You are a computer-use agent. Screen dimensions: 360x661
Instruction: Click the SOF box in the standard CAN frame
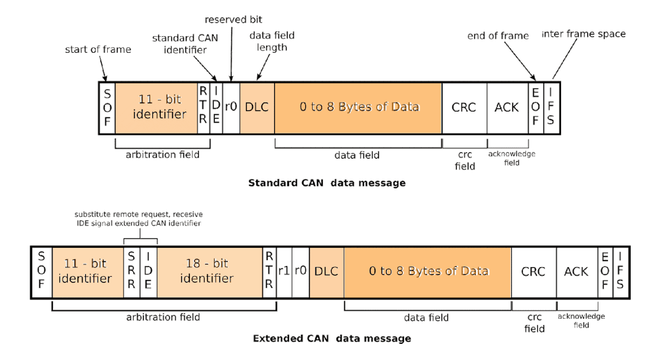click(x=107, y=108)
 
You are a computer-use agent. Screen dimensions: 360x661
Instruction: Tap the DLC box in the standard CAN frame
click(x=257, y=108)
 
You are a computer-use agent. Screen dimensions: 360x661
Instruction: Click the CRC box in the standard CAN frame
click(x=464, y=108)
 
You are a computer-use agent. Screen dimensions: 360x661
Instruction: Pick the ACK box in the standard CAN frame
click(x=507, y=108)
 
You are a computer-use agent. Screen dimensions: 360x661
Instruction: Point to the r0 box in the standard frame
click(x=231, y=108)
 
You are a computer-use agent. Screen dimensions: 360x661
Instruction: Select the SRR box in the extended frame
click(x=132, y=272)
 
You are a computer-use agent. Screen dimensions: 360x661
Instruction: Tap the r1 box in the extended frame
click(x=284, y=272)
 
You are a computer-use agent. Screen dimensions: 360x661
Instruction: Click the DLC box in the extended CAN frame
click(x=326, y=272)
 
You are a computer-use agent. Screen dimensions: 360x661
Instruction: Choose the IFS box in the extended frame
click(x=620, y=272)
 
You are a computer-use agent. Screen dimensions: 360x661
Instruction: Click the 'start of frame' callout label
click(x=97, y=50)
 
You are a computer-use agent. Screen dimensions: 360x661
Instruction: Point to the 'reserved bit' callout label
click(x=234, y=19)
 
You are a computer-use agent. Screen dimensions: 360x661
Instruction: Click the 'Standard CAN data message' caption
click(x=327, y=183)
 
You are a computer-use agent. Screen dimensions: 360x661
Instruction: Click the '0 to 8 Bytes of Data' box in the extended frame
click(x=428, y=272)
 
